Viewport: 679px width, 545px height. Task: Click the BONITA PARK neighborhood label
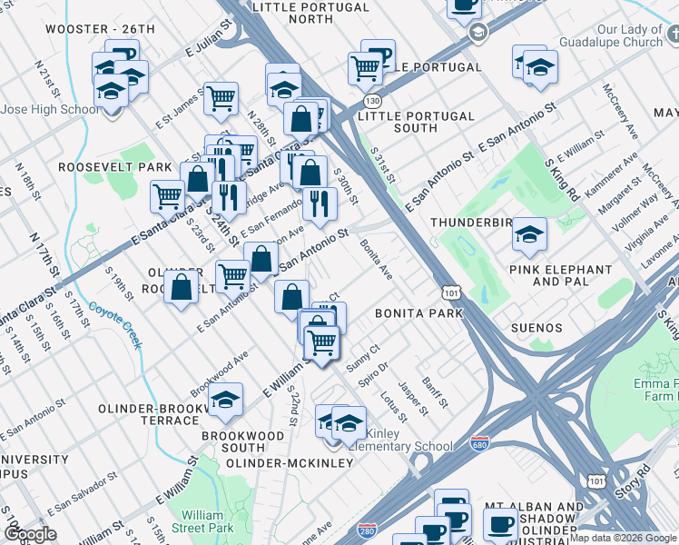pos(419,313)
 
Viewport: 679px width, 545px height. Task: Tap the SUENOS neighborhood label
pos(536,328)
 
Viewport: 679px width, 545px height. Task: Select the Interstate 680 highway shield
pos(480,445)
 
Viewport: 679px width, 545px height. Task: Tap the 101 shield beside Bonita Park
pos(451,292)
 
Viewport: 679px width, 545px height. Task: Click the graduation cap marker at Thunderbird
pos(529,235)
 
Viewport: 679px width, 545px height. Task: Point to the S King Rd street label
pos(563,179)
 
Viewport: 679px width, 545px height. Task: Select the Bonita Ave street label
pos(376,259)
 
